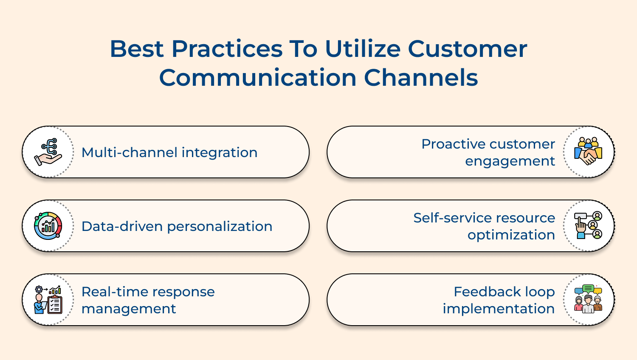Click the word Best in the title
pos(136,49)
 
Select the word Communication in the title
pos(258,78)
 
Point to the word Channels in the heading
pos(421,78)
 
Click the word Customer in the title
pos(468,49)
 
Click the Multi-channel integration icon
pos(48,152)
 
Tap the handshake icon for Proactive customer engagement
pos(588,152)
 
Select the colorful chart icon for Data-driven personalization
pos(48,226)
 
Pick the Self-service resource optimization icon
pos(588,225)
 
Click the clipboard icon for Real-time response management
pos(48,300)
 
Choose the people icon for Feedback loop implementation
pos(588,299)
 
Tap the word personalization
pos(220,227)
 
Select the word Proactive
pos(450,144)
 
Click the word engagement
pos(510,162)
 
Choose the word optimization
pos(511,235)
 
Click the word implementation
pos(499,309)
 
